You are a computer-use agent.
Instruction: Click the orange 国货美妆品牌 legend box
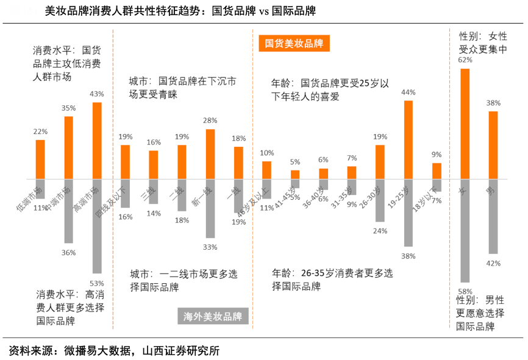[294, 44]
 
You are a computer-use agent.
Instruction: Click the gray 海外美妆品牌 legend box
[213, 317]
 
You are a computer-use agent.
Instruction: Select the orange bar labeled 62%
[465, 124]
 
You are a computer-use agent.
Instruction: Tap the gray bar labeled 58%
[465, 231]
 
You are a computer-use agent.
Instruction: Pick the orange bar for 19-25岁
[408, 140]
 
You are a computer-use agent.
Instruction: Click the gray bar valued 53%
[97, 226]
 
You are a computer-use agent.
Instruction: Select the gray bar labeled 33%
[210, 208]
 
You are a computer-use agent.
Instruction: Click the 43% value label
[97, 94]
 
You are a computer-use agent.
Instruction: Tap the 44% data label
[408, 93]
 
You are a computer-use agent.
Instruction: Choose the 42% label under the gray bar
[494, 263]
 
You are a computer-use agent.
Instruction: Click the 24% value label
[380, 231]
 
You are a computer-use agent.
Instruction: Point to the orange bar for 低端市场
[40, 160]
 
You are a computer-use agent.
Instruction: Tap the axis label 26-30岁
[370, 198]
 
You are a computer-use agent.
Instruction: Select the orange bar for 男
[493, 145]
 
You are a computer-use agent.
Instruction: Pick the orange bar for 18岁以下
[437, 171]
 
